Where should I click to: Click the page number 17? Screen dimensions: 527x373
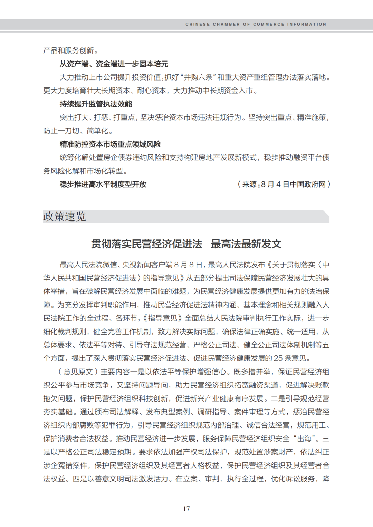186,509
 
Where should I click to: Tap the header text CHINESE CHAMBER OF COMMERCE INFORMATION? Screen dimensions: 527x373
256,24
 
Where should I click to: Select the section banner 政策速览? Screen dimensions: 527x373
65,217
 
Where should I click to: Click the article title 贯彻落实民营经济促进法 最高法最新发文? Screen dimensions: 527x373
186,244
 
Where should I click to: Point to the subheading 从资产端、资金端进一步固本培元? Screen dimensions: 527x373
114,64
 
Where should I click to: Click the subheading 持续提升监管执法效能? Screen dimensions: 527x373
96,104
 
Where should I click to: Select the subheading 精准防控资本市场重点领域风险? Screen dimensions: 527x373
110,144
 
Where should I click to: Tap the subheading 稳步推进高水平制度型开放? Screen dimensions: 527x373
103,184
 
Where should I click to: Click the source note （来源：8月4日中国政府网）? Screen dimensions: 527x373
284,184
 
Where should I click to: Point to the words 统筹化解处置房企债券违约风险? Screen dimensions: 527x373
110,158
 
